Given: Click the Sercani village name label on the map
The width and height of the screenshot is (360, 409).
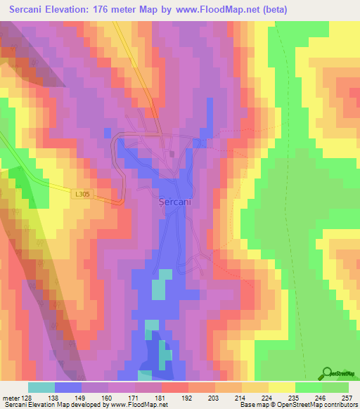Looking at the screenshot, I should pyautogui.click(x=175, y=200).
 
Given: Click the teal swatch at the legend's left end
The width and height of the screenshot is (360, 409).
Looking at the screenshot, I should pyautogui.click(x=41, y=387).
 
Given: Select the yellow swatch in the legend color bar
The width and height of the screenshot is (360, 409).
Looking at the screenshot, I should pyautogui.click(x=282, y=387).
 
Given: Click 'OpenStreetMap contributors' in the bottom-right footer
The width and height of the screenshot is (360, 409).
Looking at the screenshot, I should pyautogui.click(x=323, y=405).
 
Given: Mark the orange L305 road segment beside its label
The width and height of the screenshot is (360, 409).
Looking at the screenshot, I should pyautogui.click(x=109, y=202).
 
